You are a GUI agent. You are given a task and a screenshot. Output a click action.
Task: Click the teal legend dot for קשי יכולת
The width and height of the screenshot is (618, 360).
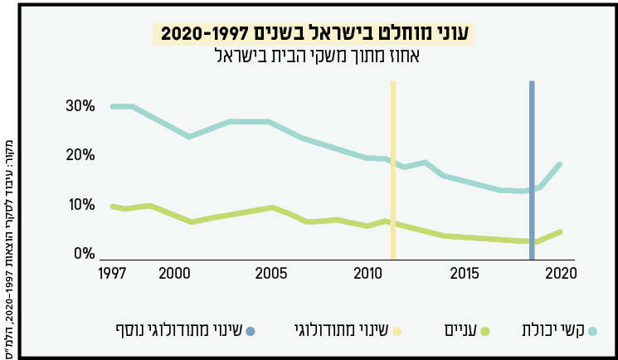point(591,332)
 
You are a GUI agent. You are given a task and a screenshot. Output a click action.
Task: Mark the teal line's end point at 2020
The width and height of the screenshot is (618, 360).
point(561,164)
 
